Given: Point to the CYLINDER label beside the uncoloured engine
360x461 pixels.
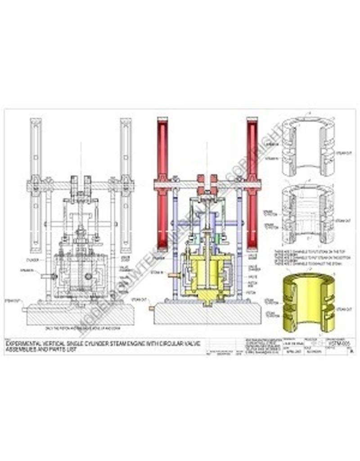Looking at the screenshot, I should coord(33,260).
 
